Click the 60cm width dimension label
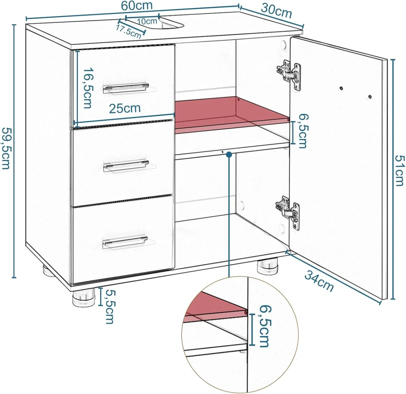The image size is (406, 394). point(137,5)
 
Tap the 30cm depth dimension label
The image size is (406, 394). point(276,11)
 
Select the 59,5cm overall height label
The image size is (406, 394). point(6,148)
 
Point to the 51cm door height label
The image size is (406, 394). point(399,170)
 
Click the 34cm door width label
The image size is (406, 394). point(319,280)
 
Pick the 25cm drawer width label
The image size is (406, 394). point(125,108)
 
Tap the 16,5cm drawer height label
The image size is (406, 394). point(88,88)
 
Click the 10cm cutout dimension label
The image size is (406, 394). point(147,21)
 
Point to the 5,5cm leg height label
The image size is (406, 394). point(110,307)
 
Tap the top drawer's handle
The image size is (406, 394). point(126,88)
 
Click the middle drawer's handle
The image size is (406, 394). point(126,166)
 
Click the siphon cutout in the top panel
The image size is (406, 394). point(171,22)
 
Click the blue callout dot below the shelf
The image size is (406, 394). point(229,155)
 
